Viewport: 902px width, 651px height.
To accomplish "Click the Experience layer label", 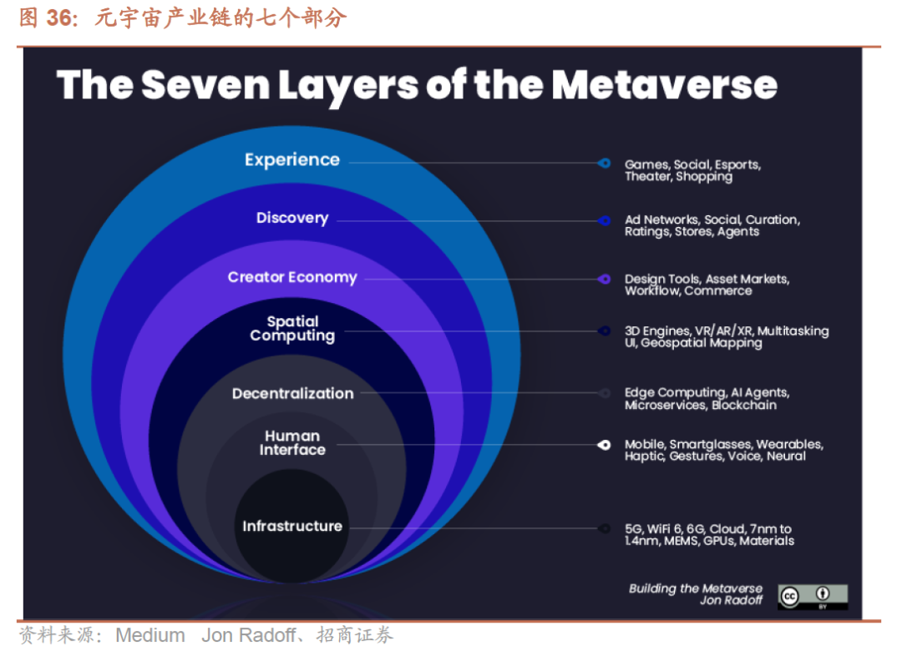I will click(x=291, y=159).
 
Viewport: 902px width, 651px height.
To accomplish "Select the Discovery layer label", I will click(x=291, y=218).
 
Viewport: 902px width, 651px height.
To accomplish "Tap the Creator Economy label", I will click(x=292, y=277).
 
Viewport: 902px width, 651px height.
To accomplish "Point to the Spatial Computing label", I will click(x=292, y=328).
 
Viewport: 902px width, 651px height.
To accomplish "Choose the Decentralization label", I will click(x=292, y=393).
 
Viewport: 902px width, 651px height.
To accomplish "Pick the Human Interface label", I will click(x=292, y=442).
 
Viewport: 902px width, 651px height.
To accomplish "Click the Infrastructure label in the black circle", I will click(x=292, y=526).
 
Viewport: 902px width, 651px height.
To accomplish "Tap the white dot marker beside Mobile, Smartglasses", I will click(x=604, y=445).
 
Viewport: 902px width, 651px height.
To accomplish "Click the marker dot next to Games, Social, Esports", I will click(x=604, y=164).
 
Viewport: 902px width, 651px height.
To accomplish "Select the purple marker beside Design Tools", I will click(x=604, y=279).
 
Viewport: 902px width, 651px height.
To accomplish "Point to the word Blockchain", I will click(x=744, y=406).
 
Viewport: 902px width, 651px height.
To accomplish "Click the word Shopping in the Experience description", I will click(x=704, y=177).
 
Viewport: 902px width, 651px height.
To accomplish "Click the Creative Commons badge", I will click(x=813, y=596).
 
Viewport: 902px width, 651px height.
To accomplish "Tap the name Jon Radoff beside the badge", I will click(x=731, y=600).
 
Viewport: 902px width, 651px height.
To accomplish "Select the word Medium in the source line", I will click(x=150, y=635).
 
